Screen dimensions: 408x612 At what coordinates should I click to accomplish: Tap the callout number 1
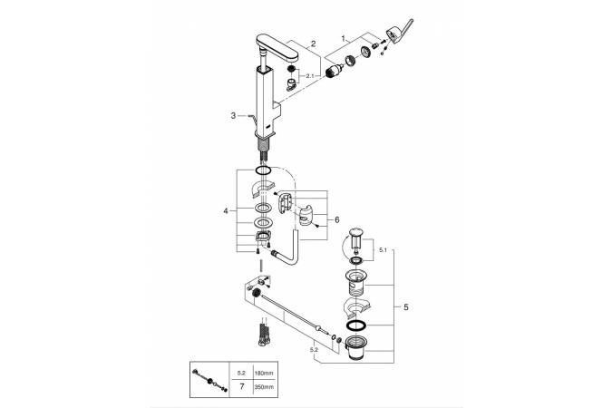coord(342,38)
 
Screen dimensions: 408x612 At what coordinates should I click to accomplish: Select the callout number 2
coord(311,44)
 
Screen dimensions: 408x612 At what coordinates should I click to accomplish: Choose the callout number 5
coord(404,308)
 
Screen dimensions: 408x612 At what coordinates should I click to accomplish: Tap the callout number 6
coord(336,219)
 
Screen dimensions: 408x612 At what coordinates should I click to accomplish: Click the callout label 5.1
coord(381,249)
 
